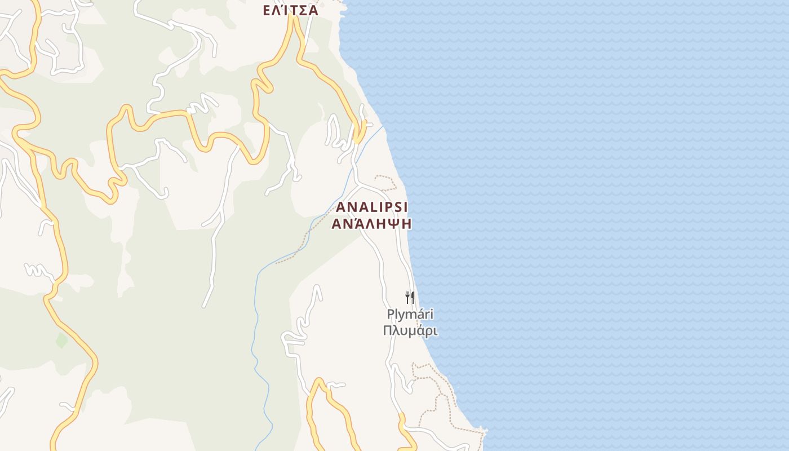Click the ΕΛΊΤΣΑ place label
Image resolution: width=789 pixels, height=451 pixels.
[x=291, y=10]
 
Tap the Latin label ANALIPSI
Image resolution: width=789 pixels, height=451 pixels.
[x=372, y=207]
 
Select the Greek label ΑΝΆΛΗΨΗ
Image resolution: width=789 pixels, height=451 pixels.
[x=371, y=224]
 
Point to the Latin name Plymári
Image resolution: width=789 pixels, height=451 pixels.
[x=410, y=315]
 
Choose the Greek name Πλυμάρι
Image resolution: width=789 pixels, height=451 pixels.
[x=410, y=330]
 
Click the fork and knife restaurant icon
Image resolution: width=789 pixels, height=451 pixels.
[x=410, y=297]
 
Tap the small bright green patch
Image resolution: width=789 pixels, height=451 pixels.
[x=61, y=340]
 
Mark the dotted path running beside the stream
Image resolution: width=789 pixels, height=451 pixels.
[x=302, y=248]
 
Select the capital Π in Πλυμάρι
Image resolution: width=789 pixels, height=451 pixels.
[x=388, y=330]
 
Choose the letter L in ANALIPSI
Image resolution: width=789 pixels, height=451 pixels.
[x=369, y=207]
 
